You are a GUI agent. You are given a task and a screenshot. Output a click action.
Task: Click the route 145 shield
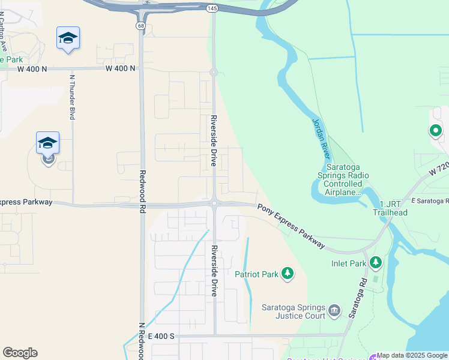(x=212, y=8)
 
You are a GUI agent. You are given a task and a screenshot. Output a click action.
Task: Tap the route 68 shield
(x=140, y=26)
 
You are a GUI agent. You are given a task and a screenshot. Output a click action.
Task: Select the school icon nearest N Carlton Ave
(x=68, y=38)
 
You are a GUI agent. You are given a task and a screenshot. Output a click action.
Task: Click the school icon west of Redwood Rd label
(x=47, y=143)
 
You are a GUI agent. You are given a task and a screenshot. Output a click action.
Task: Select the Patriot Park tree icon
(x=288, y=274)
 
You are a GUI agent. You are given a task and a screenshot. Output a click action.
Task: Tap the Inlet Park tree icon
(x=376, y=262)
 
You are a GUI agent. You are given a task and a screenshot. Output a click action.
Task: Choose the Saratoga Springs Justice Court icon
(x=334, y=310)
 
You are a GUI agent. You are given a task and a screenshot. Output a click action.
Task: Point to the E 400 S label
(x=161, y=336)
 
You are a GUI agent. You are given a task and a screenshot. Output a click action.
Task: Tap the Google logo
(x=20, y=353)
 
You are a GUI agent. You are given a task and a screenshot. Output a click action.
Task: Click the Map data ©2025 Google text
(x=412, y=356)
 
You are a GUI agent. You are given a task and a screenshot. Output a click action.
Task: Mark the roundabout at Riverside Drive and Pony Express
(x=214, y=203)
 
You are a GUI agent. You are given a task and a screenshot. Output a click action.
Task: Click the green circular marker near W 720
(x=435, y=130)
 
